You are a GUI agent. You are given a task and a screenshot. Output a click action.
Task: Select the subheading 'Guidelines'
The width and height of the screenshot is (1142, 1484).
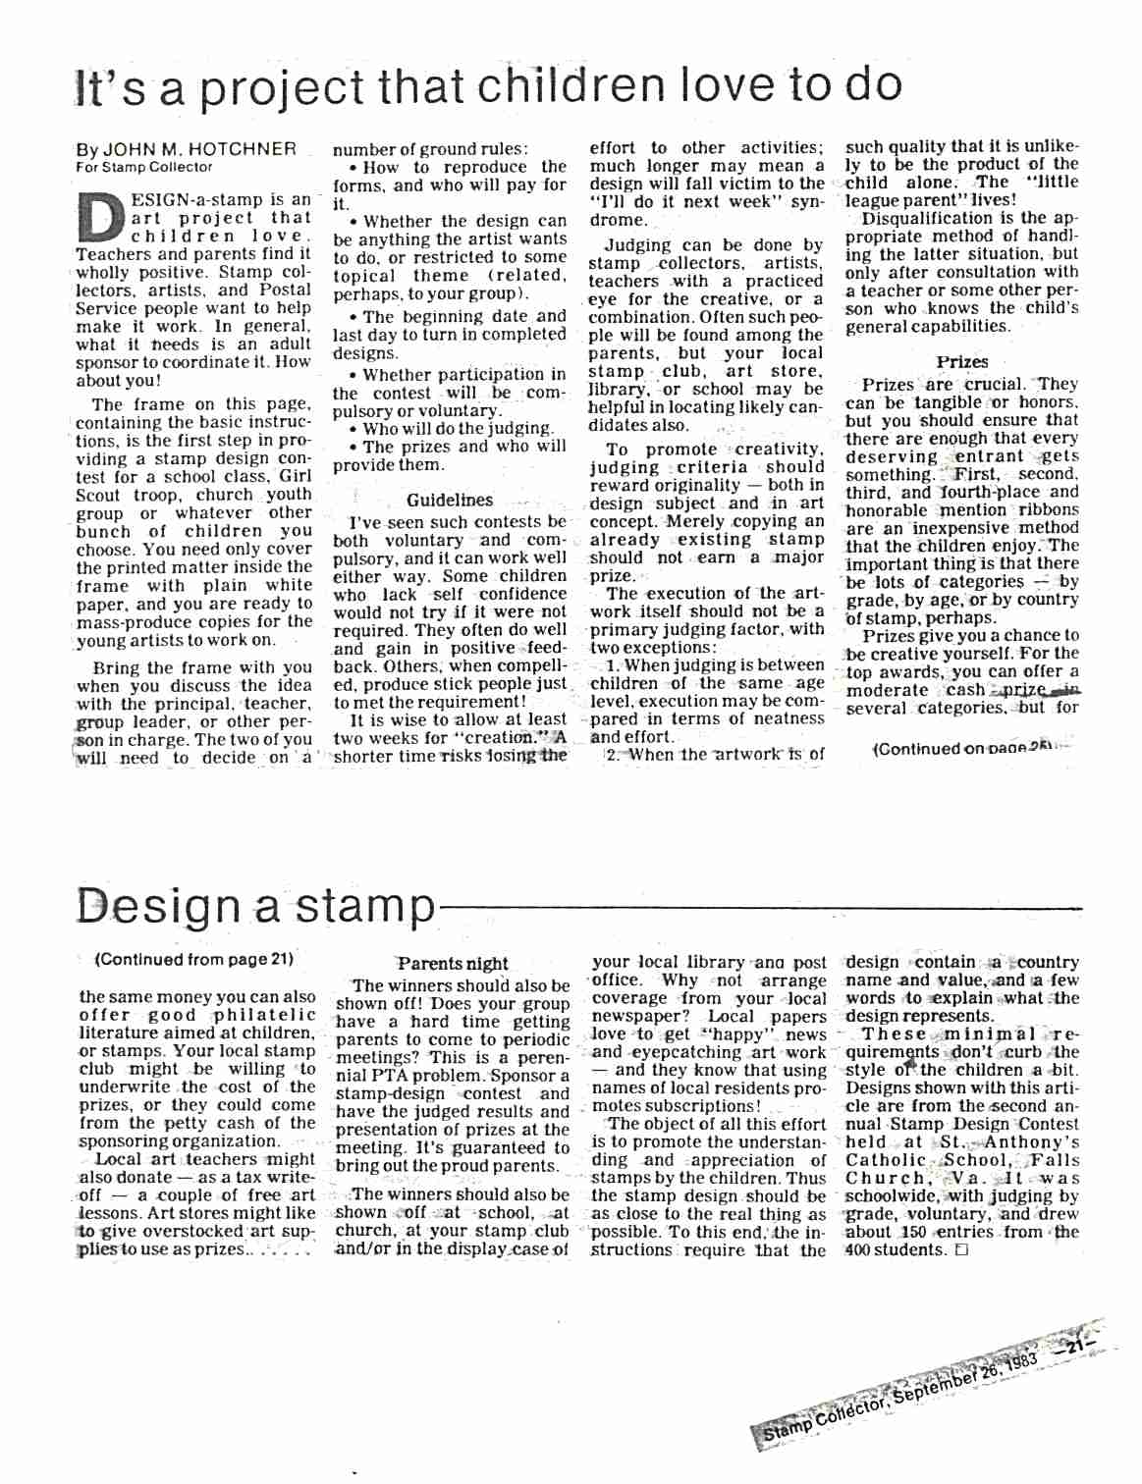(x=450, y=500)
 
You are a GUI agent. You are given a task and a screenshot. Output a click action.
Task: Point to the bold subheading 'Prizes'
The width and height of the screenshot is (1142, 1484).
(x=961, y=361)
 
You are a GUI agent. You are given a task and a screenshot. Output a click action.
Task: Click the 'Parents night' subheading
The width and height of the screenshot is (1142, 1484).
(x=453, y=964)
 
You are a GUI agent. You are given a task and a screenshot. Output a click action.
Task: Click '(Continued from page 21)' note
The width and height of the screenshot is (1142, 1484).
(x=194, y=959)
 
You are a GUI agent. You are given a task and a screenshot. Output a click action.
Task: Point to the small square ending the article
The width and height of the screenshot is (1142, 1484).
(x=961, y=1250)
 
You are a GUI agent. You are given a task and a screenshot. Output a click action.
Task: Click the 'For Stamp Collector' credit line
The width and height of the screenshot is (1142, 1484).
(x=143, y=167)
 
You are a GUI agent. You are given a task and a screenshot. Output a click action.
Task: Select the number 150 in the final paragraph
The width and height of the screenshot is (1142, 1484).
(x=912, y=1232)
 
